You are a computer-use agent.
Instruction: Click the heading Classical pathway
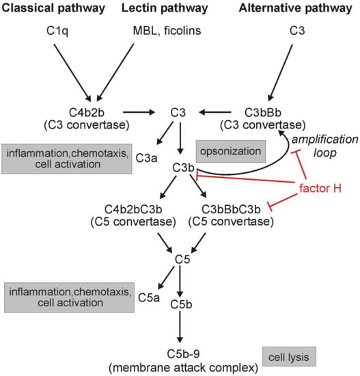pyautogui.click(x=55, y=9)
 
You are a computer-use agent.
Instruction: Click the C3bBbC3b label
pyautogui.click(x=238, y=210)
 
